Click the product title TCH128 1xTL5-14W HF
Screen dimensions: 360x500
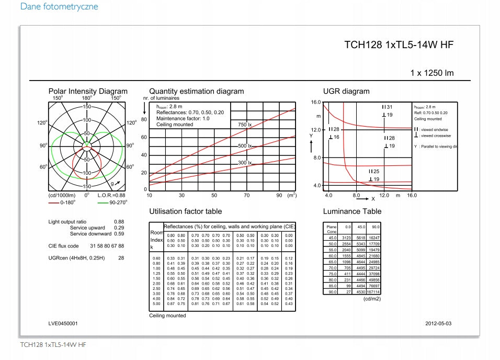tap(399, 45)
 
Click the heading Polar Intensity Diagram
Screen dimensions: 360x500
tap(88, 91)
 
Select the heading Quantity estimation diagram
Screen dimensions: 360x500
tap(196, 91)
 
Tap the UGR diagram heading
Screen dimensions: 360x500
tap(346, 91)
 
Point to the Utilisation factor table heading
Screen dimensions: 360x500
tap(185, 211)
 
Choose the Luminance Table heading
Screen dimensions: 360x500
tap(352, 211)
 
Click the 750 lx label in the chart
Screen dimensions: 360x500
tap(245, 125)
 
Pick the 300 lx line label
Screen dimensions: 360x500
tap(245, 163)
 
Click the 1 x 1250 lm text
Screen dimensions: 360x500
tap(432, 73)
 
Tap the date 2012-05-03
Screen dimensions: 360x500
tap(438, 323)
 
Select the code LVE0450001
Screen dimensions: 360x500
tap(63, 323)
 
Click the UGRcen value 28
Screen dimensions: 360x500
tap(121, 258)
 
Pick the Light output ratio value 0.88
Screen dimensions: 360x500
tap(119, 222)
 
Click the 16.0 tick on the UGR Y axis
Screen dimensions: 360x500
tap(315, 102)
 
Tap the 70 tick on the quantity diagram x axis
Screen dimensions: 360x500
tap(246, 195)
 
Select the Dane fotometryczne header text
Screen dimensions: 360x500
tap(59, 7)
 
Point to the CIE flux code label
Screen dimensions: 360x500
tap(64, 246)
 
